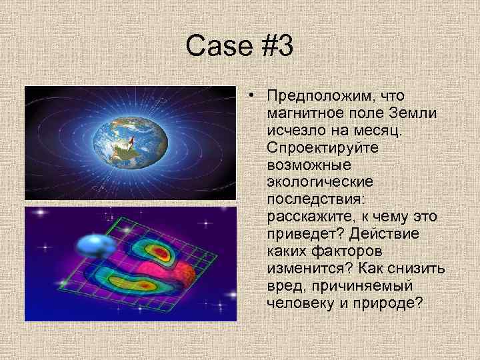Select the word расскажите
click(x=307, y=216)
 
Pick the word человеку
click(x=300, y=303)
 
